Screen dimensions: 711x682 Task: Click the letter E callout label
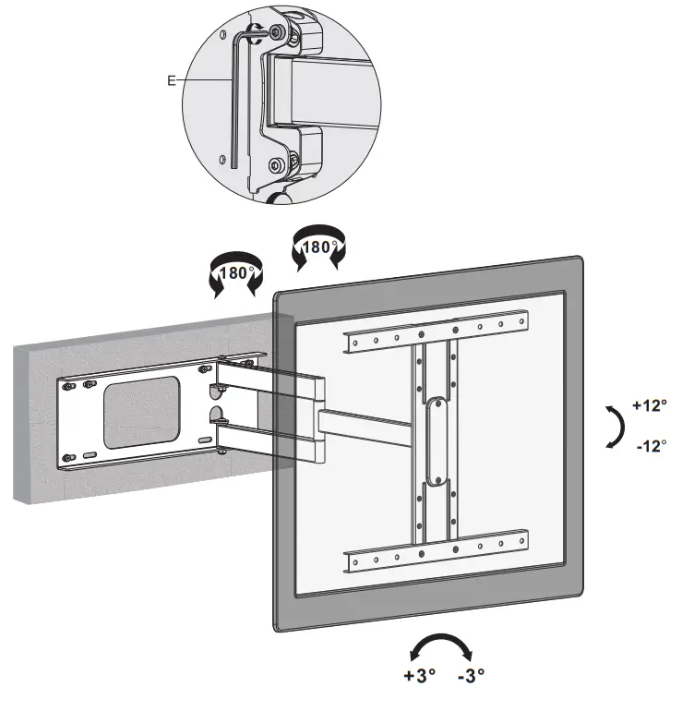coord(171,80)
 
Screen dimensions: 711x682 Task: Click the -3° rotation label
coord(471,675)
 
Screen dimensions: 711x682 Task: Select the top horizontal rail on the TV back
coord(436,336)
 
